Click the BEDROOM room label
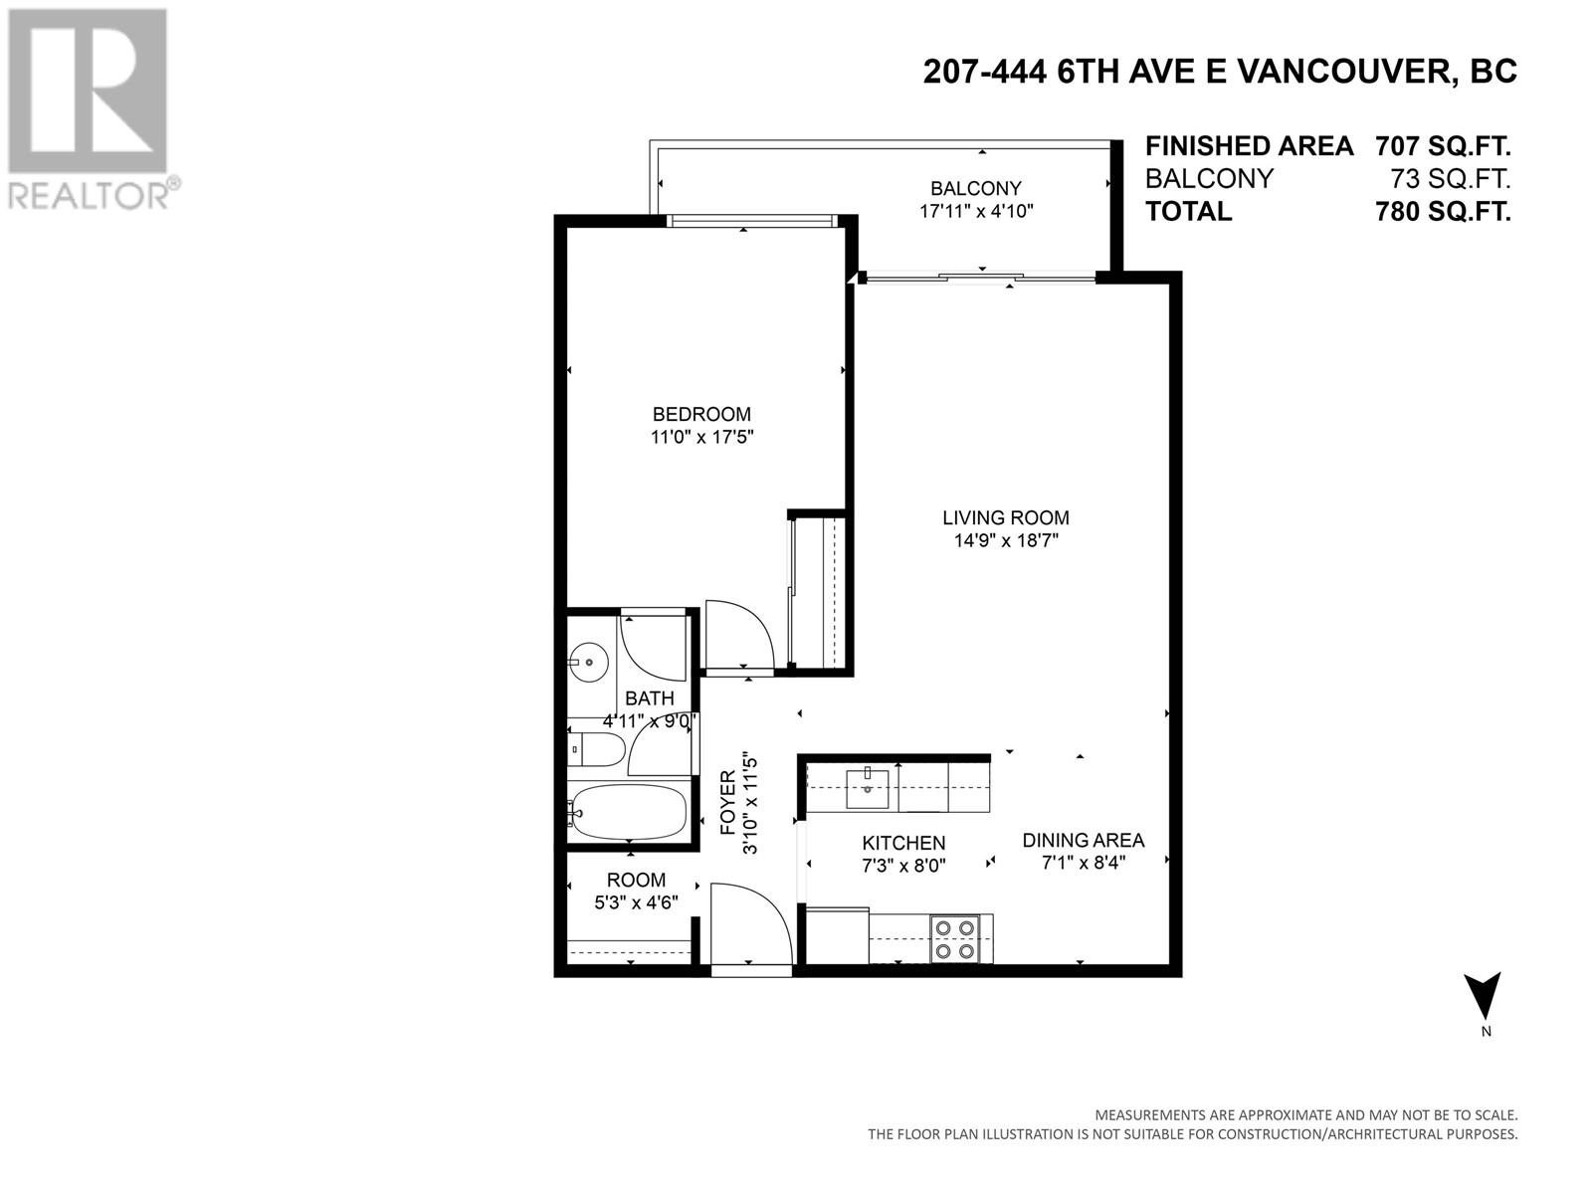[701, 414]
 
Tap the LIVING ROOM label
[1005, 517]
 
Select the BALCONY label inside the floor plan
[975, 188]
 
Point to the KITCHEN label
[903, 843]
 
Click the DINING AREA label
[1083, 840]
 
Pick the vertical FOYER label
[728, 803]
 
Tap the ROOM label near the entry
[636, 881]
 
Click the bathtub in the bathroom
[627, 811]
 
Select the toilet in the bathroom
[595, 749]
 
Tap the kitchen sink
[867, 789]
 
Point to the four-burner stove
[955, 939]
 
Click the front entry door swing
[751, 922]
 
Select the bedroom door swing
[740, 635]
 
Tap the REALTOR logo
[90, 109]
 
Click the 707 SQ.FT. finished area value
[1443, 146]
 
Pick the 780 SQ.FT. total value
[1443, 212]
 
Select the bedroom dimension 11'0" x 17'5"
[702, 437]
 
